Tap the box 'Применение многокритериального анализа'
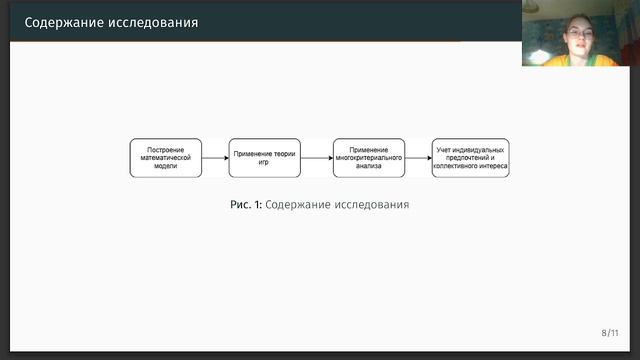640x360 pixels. point(369,158)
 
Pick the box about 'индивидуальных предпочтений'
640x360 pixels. point(471,158)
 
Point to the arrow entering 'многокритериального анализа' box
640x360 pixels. point(318,158)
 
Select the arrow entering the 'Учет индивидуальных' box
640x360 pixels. point(419,158)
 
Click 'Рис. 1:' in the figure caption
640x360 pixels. point(246,205)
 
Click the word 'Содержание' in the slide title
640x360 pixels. point(61,21)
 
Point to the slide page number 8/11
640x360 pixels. point(610,332)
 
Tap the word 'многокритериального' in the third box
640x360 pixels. point(369,158)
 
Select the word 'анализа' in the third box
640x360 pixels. point(369,167)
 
